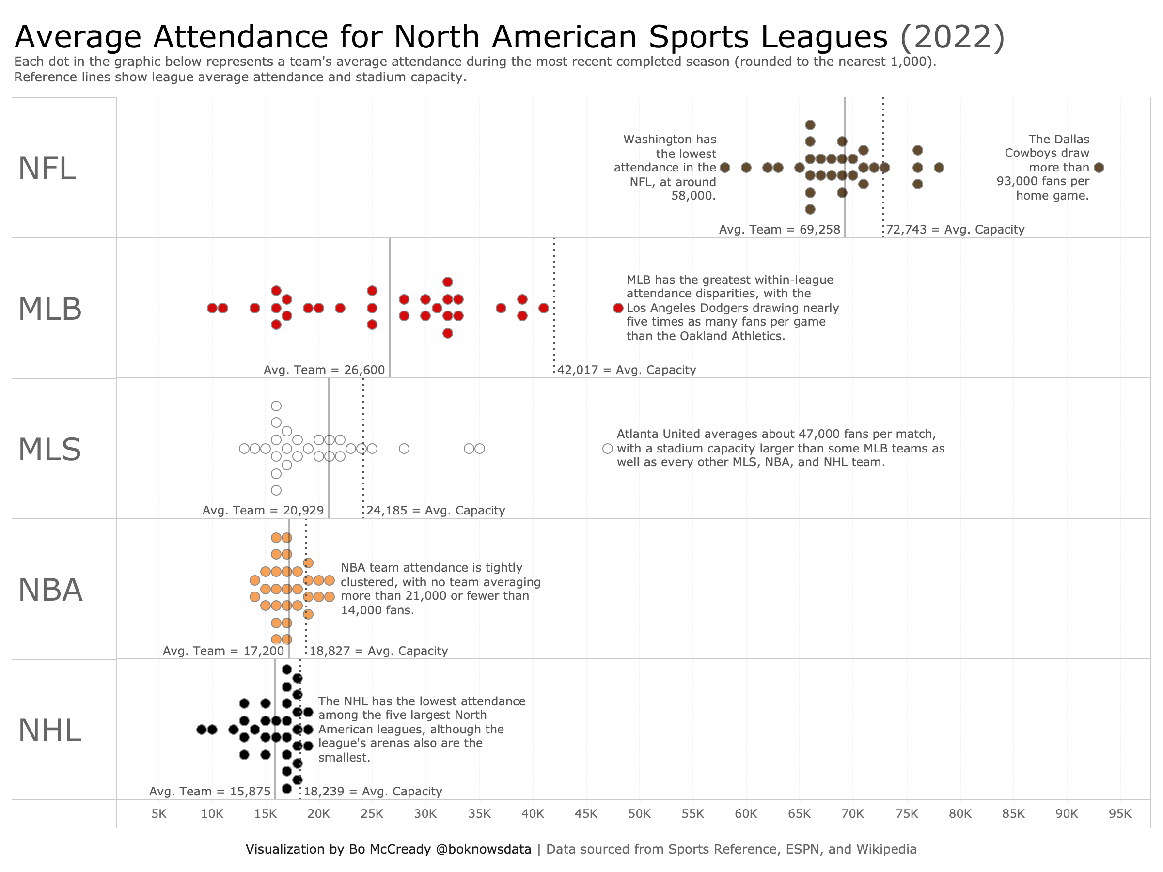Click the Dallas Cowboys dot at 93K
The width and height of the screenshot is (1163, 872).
tap(1099, 168)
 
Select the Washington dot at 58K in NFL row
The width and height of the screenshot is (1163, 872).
tap(725, 168)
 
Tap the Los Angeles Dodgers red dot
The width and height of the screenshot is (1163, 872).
tap(618, 308)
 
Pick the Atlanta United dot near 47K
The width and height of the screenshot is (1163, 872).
tap(607, 448)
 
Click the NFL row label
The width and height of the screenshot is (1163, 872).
tap(47, 169)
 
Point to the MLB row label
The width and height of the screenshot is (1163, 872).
tap(50, 309)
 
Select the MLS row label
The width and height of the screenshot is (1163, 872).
tap(49, 450)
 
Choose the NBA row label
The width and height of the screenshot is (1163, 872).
tap(50, 590)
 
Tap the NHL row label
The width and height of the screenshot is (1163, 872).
tap(49, 731)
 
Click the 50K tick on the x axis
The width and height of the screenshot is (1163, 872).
tap(639, 814)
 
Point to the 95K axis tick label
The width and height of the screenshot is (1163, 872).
tap(1120, 814)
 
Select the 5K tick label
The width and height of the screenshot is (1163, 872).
tap(159, 814)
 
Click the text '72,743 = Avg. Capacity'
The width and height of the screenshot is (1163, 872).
tap(955, 230)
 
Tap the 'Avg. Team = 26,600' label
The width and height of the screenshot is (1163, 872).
tap(324, 370)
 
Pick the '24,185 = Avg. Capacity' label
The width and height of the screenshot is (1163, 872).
tap(435, 511)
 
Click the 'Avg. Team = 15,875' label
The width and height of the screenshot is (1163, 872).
tap(210, 792)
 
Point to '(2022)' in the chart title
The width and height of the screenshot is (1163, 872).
tap(952, 37)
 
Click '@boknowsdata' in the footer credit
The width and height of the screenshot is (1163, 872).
tap(483, 849)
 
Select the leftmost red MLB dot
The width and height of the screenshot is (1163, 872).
tap(212, 308)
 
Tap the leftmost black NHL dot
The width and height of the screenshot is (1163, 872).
tap(202, 730)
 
